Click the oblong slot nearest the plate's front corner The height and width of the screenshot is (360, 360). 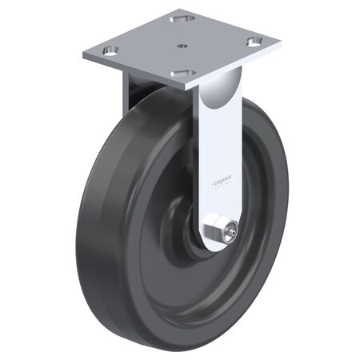182,73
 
